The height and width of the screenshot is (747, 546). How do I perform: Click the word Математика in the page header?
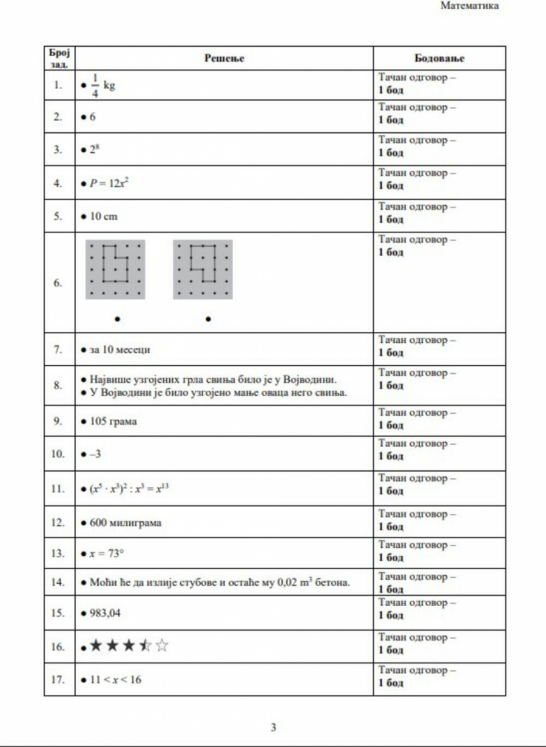tap(470, 6)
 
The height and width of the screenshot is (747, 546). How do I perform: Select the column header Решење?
tap(224, 58)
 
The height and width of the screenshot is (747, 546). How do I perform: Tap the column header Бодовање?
tap(439, 58)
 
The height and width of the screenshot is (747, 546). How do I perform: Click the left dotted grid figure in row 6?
tap(115, 269)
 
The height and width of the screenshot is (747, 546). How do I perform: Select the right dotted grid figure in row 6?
tap(203, 269)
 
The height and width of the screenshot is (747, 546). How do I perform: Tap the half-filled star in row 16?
tap(146, 646)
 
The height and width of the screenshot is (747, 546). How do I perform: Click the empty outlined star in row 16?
tap(161, 646)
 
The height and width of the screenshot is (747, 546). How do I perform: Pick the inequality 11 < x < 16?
tap(115, 680)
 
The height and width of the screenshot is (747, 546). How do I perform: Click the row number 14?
tap(58, 583)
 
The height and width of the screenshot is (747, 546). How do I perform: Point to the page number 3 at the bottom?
tap(273, 728)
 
